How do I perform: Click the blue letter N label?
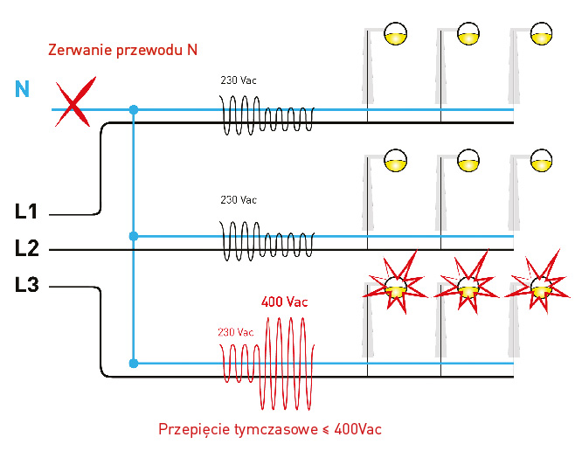[x=22, y=87]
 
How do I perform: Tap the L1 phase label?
[x=26, y=211]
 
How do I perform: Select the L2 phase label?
[x=26, y=248]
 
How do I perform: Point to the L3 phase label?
[x=26, y=284]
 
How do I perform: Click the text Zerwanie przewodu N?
[x=122, y=49]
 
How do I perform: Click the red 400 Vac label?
[x=285, y=302]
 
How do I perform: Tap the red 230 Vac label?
[x=235, y=332]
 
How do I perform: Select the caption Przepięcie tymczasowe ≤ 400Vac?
[x=269, y=430]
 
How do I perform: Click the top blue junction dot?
[x=133, y=110]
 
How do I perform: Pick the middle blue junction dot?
[x=133, y=236]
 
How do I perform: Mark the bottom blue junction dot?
[x=133, y=363]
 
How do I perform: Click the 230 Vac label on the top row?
[x=238, y=80]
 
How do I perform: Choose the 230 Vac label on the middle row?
[x=238, y=199]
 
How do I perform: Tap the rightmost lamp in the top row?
[x=543, y=34]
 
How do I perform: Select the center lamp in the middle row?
[x=469, y=161]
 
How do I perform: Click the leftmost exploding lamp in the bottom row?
[x=396, y=285]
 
